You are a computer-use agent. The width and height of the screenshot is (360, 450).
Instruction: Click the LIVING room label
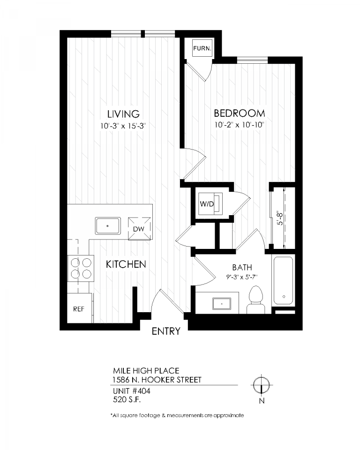123,114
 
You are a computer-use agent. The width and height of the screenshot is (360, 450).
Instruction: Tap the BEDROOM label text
239,113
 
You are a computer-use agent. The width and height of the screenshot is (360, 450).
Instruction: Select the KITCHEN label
126,264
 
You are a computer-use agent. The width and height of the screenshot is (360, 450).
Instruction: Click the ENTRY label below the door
166,331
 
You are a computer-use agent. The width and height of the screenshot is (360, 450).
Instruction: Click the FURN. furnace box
202,48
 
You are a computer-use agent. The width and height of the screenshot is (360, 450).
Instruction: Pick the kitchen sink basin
108,225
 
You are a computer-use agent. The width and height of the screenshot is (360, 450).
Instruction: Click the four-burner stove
81,268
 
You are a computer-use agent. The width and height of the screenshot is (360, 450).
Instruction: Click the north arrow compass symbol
261,385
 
